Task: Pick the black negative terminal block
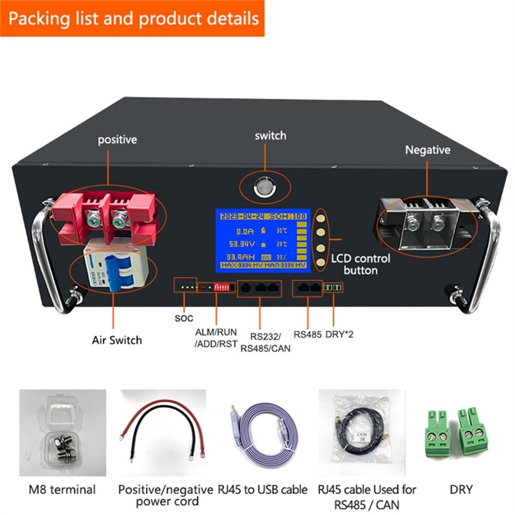426,220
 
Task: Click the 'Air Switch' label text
117,340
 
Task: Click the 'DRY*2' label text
339,335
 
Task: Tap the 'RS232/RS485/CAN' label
265,342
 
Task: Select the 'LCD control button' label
360,264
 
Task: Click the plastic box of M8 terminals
62,432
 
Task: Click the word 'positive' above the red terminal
117,139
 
